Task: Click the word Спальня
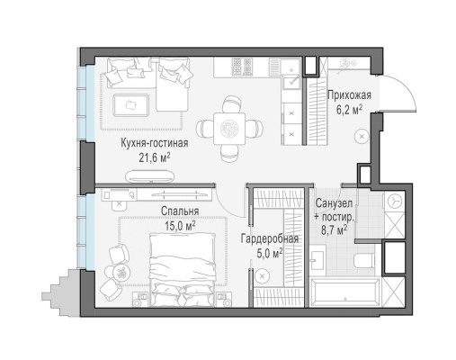[180, 211]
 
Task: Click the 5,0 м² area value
[269, 254]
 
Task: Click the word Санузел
[333, 203]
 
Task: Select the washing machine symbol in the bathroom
[394, 203]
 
